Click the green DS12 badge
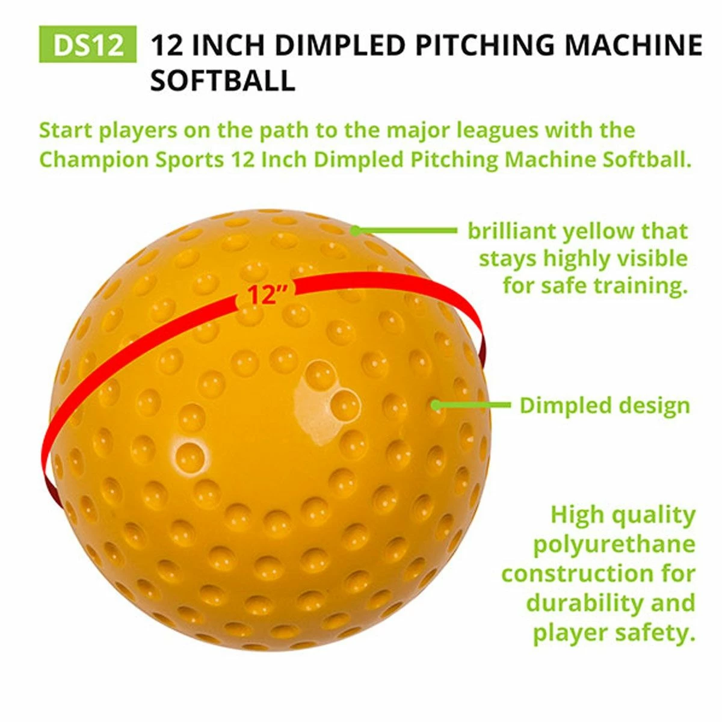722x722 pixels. pyautogui.click(x=88, y=45)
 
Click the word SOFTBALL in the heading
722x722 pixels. pyautogui.click(x=223, y=81)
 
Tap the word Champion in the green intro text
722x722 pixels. pyautogui.click(x=87, y=159)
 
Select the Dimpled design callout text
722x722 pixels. pyautogui.click(x=605, y=405)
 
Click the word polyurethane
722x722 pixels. pyautogui.click(x=614, y=545)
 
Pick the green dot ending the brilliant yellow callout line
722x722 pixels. pyautogui.click(x=356, y=230)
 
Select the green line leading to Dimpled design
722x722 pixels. pyautogui.click(x=475, y=405)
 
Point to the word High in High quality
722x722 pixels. pyautogui.click(x=576, y=515)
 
